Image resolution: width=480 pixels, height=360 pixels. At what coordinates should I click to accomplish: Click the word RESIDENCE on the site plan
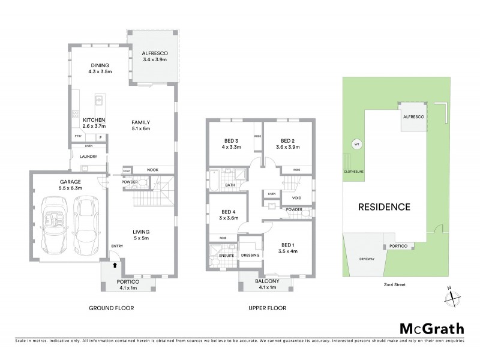pyautogui.click(x=384, y=207)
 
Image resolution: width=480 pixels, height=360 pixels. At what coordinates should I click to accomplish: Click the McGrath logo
pyautogui.click(x=431, y=328)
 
